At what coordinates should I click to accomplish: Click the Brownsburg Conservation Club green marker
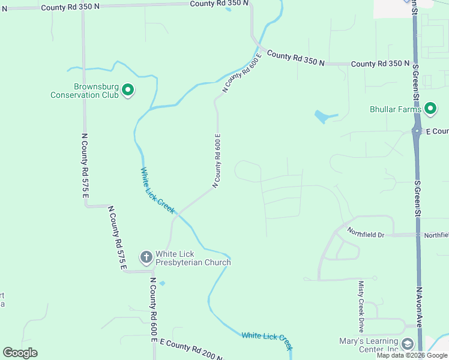[x=128, y=91]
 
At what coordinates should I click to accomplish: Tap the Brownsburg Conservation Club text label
[x=84, y=91]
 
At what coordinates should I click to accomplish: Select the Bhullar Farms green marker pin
[x=430, y=109]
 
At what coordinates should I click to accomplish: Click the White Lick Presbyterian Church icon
[x=146, y=257]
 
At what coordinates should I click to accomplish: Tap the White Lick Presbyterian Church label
[x=193, y=258]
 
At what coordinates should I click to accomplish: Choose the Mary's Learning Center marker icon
[x=408, y=344]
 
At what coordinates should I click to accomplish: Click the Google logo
[x=20, y=353]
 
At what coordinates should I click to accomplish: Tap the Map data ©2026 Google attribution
[x=412, y=356]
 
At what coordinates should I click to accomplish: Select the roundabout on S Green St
[x=417, y=130]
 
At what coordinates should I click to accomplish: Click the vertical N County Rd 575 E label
[x=85, y=164]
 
